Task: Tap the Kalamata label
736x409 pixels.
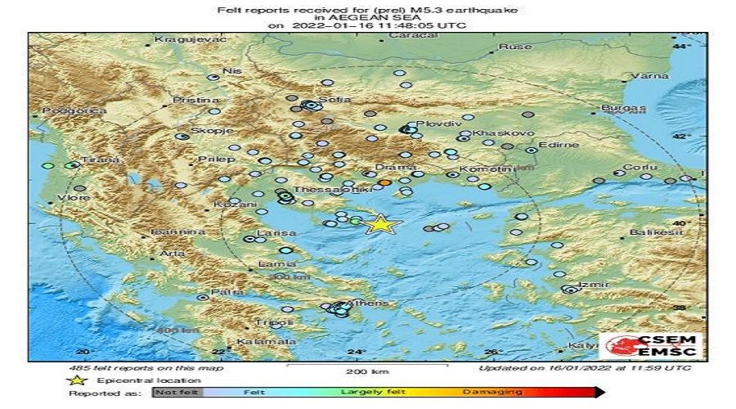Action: point(255,341)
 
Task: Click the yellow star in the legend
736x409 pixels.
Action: point(79,380)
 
